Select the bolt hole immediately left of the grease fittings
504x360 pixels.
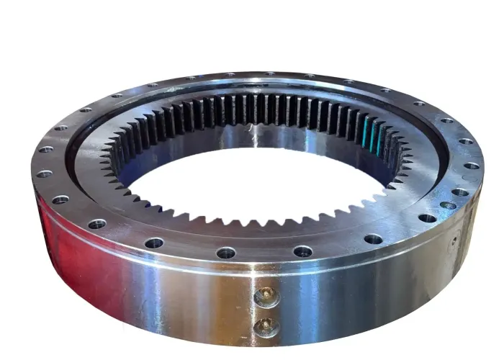(x=226, y=253)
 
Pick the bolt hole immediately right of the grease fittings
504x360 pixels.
(x=303, y=251)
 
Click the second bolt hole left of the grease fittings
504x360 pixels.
(x=154, y=243)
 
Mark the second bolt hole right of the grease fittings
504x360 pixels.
(x=373, y=238)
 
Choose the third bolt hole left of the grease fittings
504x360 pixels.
(x=97, y=224)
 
